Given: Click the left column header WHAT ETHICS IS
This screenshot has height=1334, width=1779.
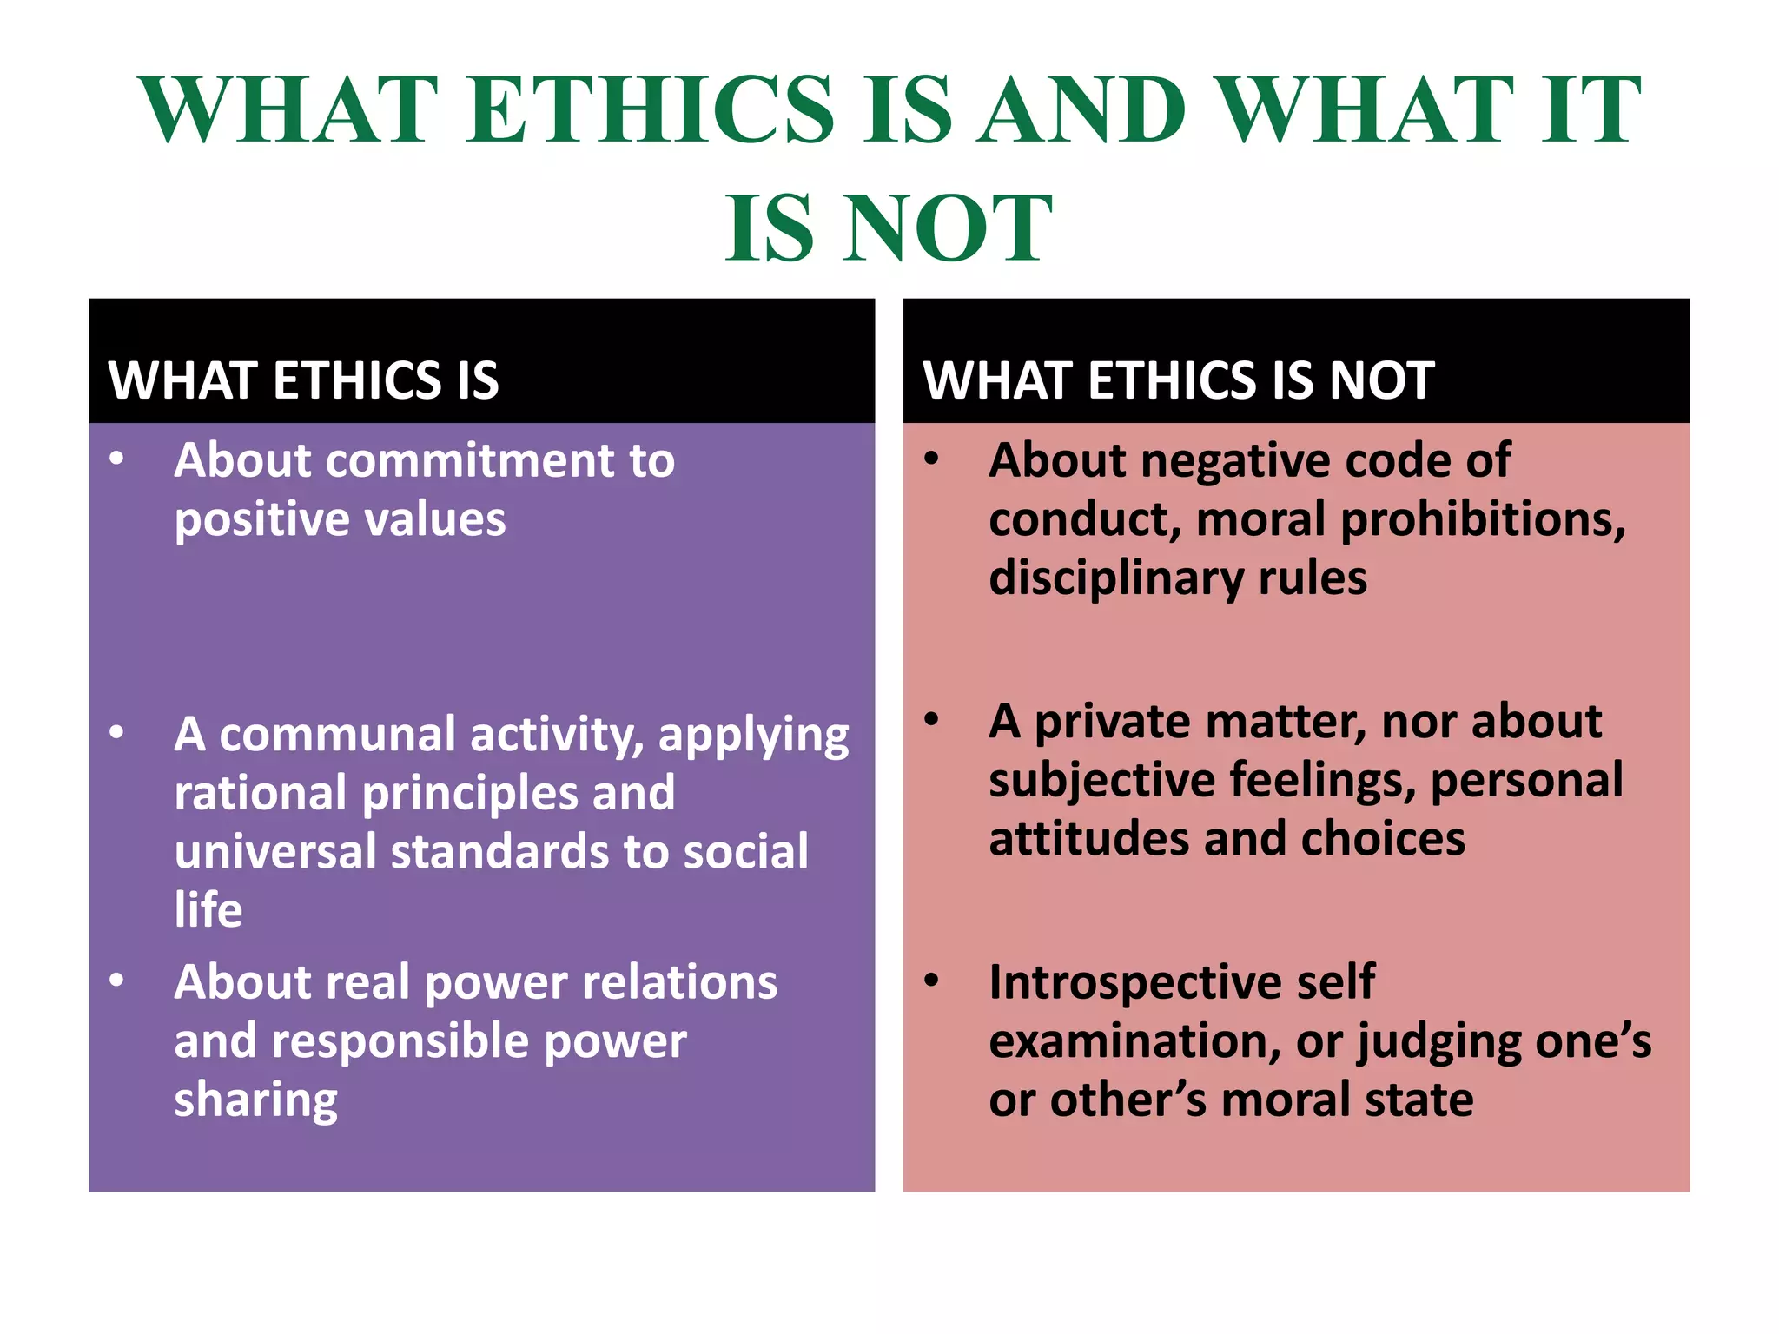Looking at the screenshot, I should [303, 380].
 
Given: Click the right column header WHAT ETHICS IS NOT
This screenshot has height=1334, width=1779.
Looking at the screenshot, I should [1178, 380].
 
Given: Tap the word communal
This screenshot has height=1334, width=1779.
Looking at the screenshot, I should [337, 735].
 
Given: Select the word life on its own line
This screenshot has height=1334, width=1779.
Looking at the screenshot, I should [208, 910].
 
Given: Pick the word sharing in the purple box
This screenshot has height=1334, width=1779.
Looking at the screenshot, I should [255, 1100].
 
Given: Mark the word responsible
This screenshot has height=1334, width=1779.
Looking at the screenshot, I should [400, 1041].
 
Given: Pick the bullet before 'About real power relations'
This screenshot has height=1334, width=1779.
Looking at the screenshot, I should [116, 981].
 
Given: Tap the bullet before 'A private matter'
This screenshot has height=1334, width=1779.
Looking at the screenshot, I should [932, 719].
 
